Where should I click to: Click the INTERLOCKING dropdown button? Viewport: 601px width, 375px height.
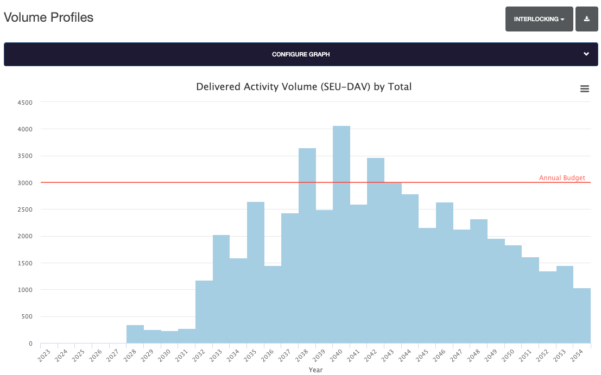point(539,19)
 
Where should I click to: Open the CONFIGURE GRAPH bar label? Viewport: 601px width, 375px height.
point(300,54)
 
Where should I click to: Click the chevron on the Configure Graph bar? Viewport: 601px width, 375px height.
point(586,54)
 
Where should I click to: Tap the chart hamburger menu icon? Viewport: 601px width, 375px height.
point(584,89)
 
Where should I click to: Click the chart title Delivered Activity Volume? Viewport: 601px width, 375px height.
point(303,87)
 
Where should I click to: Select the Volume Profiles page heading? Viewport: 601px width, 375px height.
point(48,17)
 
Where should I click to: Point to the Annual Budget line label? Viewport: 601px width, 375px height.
point(561,178)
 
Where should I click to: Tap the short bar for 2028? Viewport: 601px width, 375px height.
point(135,334)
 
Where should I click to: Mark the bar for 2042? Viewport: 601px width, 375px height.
point(376,250)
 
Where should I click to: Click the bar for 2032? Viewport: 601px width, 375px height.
point(204,312)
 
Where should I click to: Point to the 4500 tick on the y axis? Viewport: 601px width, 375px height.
point(25,103)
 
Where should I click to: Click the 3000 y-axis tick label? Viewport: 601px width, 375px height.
point(25,183)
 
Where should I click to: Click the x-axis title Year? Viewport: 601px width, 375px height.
point(315,370)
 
